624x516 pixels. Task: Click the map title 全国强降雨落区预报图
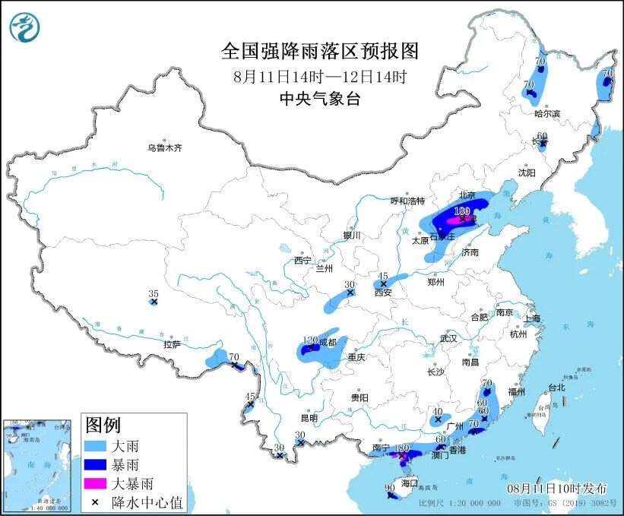coord(320,51)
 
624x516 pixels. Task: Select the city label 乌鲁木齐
coord(165,148)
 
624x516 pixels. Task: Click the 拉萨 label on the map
coord(171,344)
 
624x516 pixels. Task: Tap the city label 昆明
coord(309,418)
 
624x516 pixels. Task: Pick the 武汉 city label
coord(448,338)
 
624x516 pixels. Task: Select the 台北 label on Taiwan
coord(556,388)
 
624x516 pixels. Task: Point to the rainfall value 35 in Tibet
coord(153,293)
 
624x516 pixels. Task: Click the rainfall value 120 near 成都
coord(309,340)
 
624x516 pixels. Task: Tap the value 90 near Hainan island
coord(388,487)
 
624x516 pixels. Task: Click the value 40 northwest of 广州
coord(437,410)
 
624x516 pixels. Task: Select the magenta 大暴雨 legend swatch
coord(96,483)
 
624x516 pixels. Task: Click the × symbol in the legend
coord(96,501)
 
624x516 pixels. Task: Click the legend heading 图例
coord(103,424)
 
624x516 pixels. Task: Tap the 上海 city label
coord(531,318)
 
